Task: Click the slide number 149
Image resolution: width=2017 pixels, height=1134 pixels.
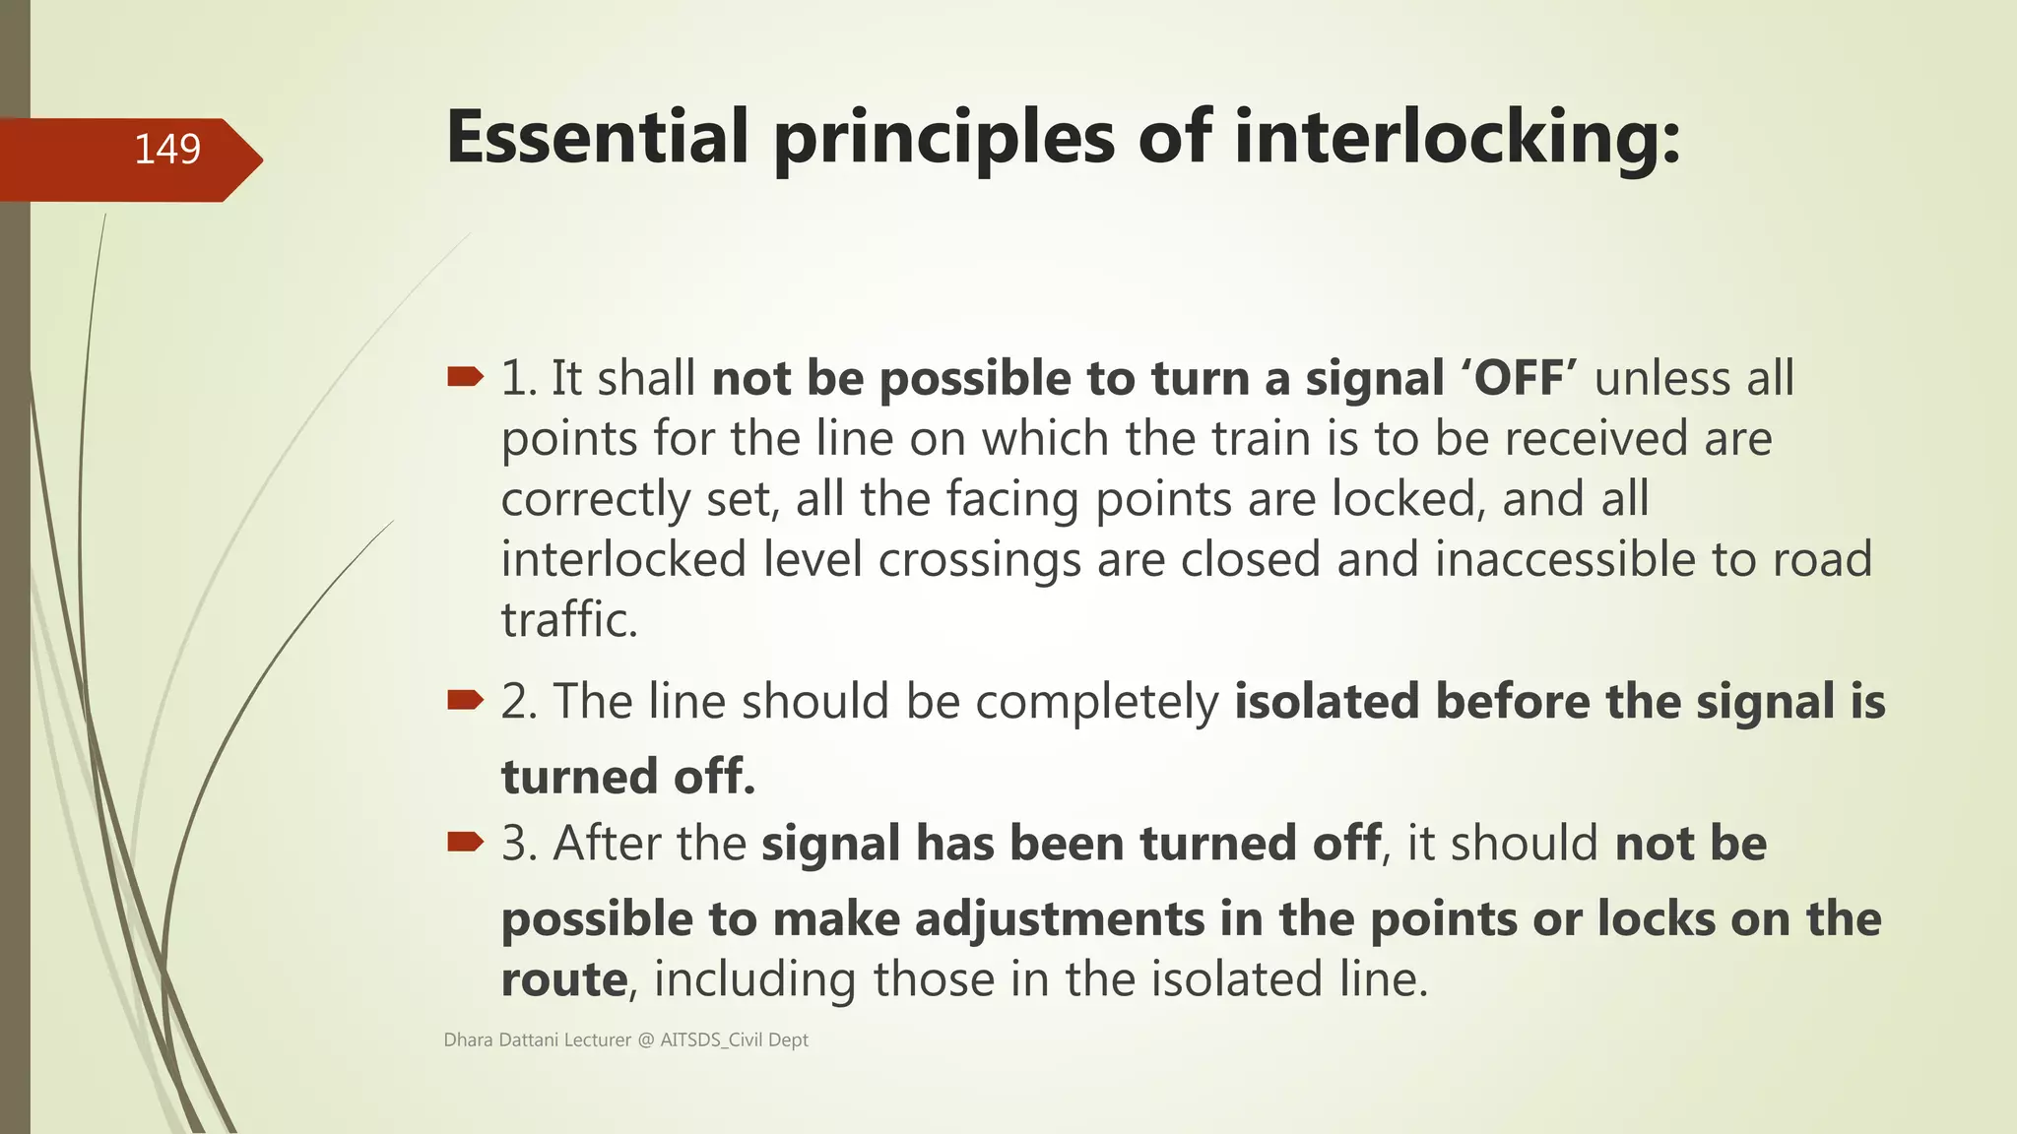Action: pyautogui.click(x=167, y=150)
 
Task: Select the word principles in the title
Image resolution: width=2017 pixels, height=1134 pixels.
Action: pyautogui.click(x=943, y=138)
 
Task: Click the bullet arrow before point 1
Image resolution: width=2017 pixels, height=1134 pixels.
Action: pyautogui.click(x=465, y=377)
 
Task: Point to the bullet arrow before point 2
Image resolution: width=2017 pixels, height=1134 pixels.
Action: pyautogui.click(x=465, y=700)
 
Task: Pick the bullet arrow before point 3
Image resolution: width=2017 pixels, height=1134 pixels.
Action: pyautogui.click(x=465, y=842)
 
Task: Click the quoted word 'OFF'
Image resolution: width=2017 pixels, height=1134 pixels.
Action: pyautogui.click(x=1520, y=379)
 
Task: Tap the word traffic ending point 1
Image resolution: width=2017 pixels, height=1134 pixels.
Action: pyautogui.click(x=568, y=620)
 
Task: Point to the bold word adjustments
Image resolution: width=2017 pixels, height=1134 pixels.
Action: pyautogui.click(x=1060, y=920)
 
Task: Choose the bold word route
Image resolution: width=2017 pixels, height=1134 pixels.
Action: pyautogui.click(x=563, y=979)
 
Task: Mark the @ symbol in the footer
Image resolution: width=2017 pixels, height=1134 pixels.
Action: pyautogui.click(x=645, y=1040)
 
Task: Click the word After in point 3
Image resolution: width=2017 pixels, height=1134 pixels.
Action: pyautogui.click(x=601, y=844)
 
